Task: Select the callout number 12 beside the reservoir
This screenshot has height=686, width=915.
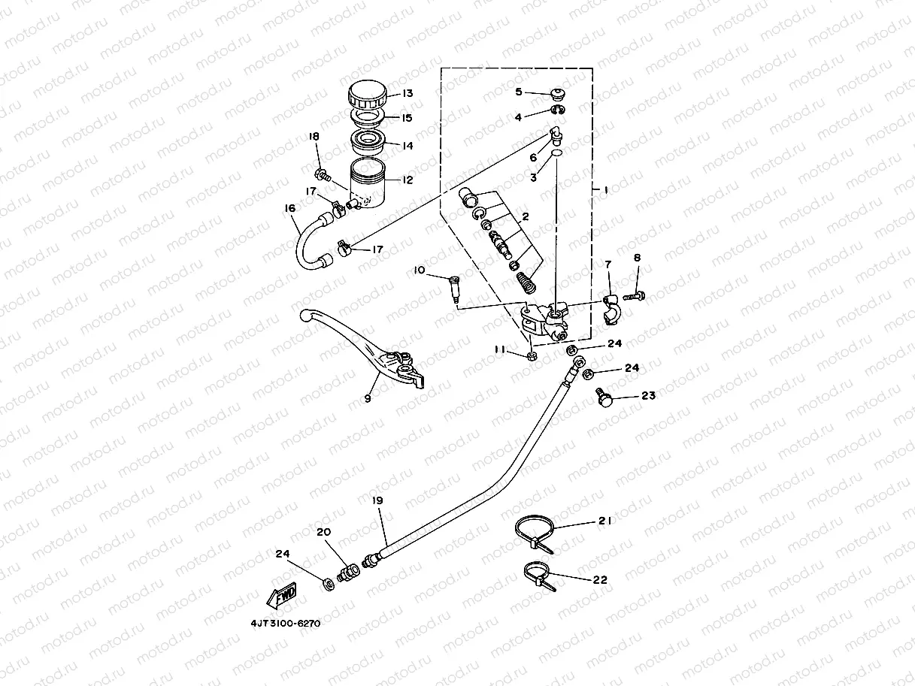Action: point(408,180)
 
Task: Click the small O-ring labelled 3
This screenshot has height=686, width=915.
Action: point(556,153)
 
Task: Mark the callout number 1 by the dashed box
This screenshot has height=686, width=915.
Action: point(605,191)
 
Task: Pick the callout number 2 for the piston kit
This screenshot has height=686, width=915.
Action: point(526,217)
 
